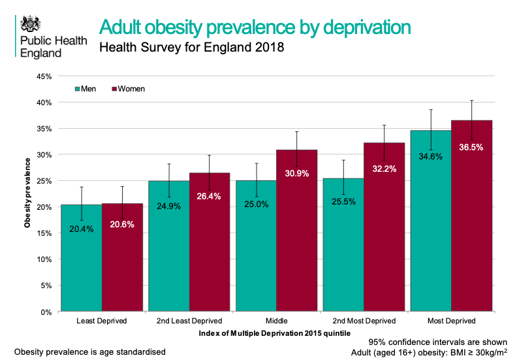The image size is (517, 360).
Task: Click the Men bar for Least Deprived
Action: pos(81,261)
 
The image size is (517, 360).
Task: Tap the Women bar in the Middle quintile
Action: pos(297,235)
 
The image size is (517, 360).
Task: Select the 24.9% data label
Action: pos(168,206)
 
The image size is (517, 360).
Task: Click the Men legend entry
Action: pos(87,89)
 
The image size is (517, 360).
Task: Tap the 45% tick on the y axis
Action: pos(43,76)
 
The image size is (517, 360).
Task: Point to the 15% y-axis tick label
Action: pos(43,233)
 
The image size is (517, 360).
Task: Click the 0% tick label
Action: pos(46,312)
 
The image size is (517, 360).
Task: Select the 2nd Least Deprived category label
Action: pos(189,321)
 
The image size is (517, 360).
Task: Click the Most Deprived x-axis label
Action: pos(450,321)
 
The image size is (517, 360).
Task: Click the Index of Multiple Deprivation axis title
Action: pos(275,333)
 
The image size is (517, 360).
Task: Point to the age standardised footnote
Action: pos(89,352)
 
